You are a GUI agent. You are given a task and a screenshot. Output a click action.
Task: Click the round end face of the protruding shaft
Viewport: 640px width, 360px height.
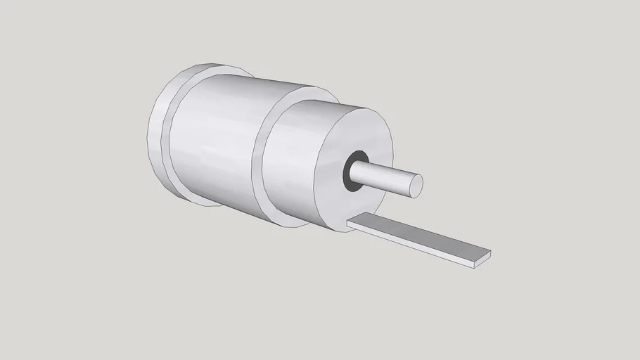pyautogui.click(x=416, y=185)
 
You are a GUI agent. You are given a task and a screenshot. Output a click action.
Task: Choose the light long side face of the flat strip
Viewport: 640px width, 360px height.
pyautogui.click(x=408, y=243)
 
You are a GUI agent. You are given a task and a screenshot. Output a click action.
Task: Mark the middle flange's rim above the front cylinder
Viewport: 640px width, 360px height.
pyautogui.click(x=309, y=92)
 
